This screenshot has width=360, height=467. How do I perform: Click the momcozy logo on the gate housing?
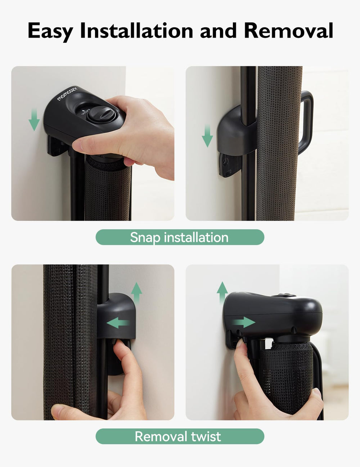point(67,94)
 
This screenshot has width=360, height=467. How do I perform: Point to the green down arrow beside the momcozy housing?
point(34,121)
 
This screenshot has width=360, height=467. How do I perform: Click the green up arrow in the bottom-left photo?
point(136,292)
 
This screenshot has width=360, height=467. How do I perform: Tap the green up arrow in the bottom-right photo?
point(222,292)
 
